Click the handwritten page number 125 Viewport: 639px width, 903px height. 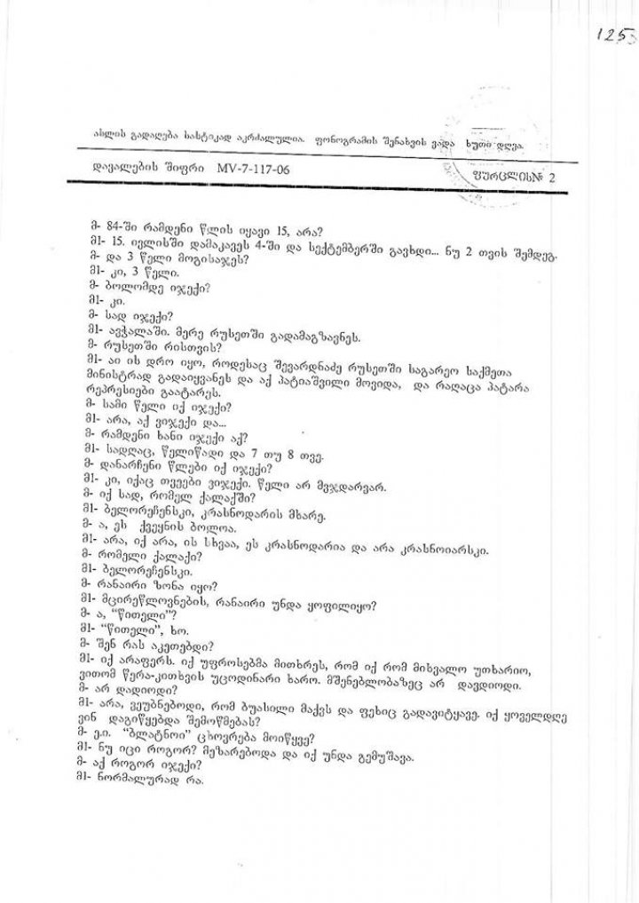pos(612,36)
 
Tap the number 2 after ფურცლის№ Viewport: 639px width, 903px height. pos(553,177)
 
